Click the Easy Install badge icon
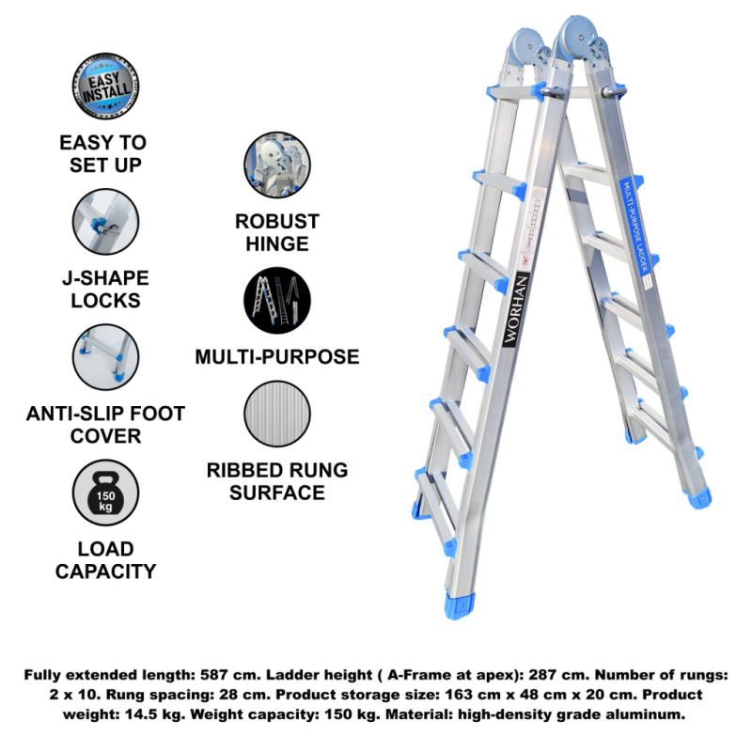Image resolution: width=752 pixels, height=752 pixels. click(105, 86)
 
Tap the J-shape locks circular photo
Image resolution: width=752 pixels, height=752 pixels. click(105, 222)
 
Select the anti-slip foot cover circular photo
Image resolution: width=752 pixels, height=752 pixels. click(105, 357)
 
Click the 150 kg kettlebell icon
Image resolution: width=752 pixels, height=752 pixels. click(105, 493)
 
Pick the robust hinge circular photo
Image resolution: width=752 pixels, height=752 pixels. click(277, 165)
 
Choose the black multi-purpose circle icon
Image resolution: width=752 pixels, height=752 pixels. click(277, 300)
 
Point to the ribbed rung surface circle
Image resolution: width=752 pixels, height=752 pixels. click(277, 414)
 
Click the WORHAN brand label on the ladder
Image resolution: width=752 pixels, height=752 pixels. click(515, 310)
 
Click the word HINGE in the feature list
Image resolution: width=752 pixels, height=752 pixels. click(277, 243)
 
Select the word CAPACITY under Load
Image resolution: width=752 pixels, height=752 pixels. click(105, 572)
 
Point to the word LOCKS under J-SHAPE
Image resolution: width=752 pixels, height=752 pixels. click(105, 300)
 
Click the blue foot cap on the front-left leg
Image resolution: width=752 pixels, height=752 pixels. click(460, 605)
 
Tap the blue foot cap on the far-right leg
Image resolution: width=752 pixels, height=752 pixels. click(698, 499)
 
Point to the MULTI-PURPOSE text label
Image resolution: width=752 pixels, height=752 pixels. click(277, 357)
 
